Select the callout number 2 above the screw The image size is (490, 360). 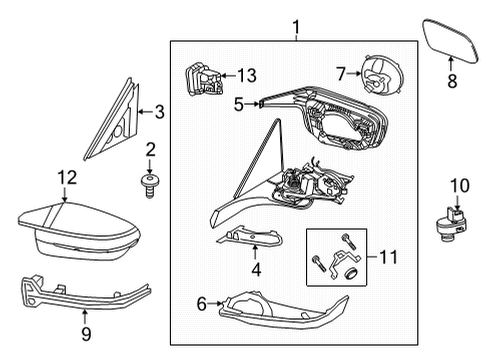tap(151, 149)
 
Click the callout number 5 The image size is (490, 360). tap(238, 102)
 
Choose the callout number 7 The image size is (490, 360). tap(341, 73)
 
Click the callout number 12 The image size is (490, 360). tap(65, 178)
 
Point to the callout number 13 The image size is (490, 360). tap(245, 74)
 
